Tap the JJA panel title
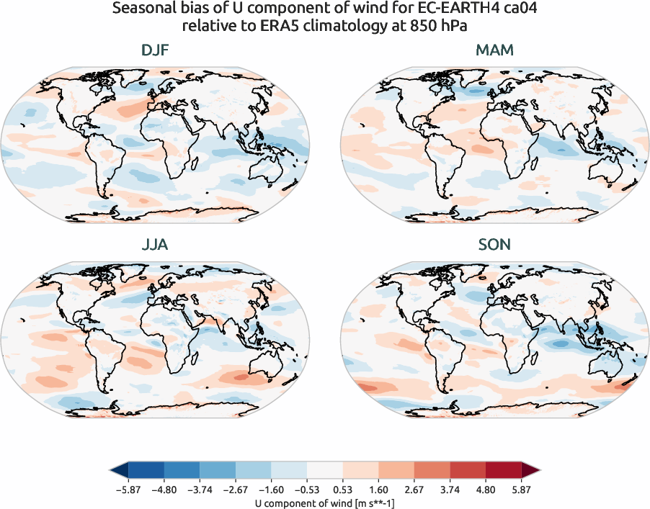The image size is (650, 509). (x=156, y=245)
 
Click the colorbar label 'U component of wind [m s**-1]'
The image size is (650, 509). (x=325, y=502)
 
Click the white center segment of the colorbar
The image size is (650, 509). (x=325, y=470)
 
